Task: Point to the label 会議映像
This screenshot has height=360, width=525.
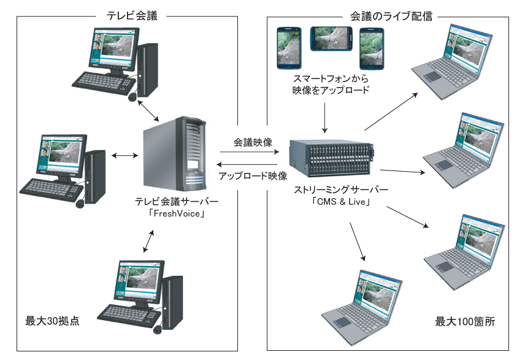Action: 253,142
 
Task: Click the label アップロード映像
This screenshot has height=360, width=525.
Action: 253,176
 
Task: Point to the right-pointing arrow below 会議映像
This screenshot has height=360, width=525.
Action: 253,153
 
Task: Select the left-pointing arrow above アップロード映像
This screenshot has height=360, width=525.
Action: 253,164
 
